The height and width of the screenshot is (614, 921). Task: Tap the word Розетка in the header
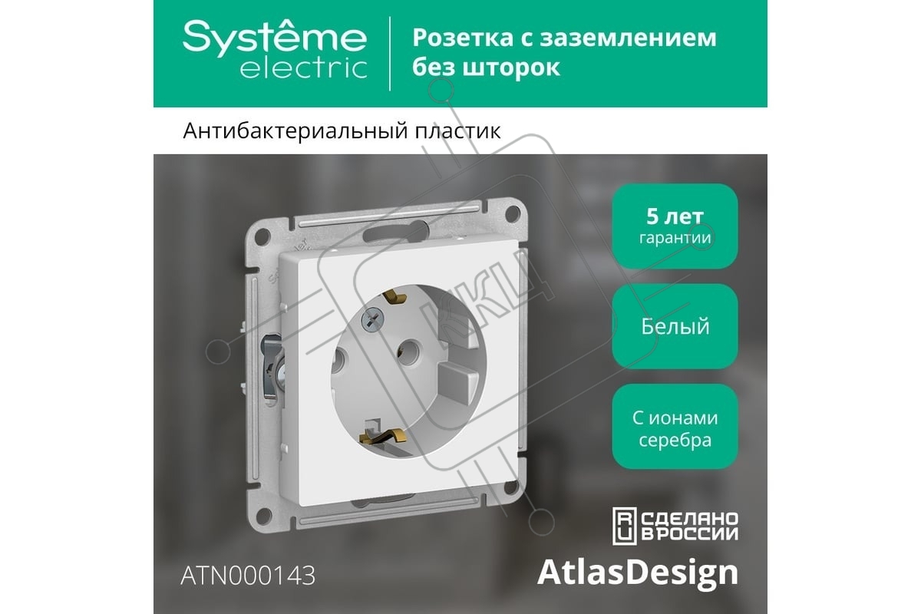(463, 38)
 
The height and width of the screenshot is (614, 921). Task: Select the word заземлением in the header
(628, 38)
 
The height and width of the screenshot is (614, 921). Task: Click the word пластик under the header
(457, 131)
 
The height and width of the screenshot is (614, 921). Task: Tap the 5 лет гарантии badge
(675, 226)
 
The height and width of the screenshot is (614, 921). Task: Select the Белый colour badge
(675, 326)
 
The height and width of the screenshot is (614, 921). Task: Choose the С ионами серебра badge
(675, 427)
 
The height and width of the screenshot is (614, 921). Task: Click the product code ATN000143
(248, 575)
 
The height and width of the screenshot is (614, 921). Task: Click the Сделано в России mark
(675, 526)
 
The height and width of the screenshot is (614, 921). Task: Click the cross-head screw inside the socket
(372, 319)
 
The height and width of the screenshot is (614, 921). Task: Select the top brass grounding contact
(394, 296)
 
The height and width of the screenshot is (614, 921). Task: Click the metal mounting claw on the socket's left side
(272, 366)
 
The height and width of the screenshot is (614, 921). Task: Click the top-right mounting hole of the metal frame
(513, 213)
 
